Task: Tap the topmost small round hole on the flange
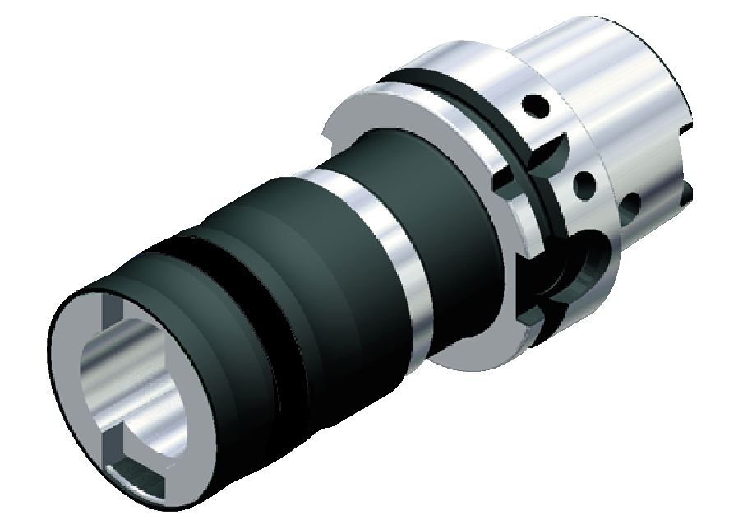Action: pyautogui.click(x=537, y=105)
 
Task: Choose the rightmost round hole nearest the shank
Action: pyautogui.click(x=633, y=202)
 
